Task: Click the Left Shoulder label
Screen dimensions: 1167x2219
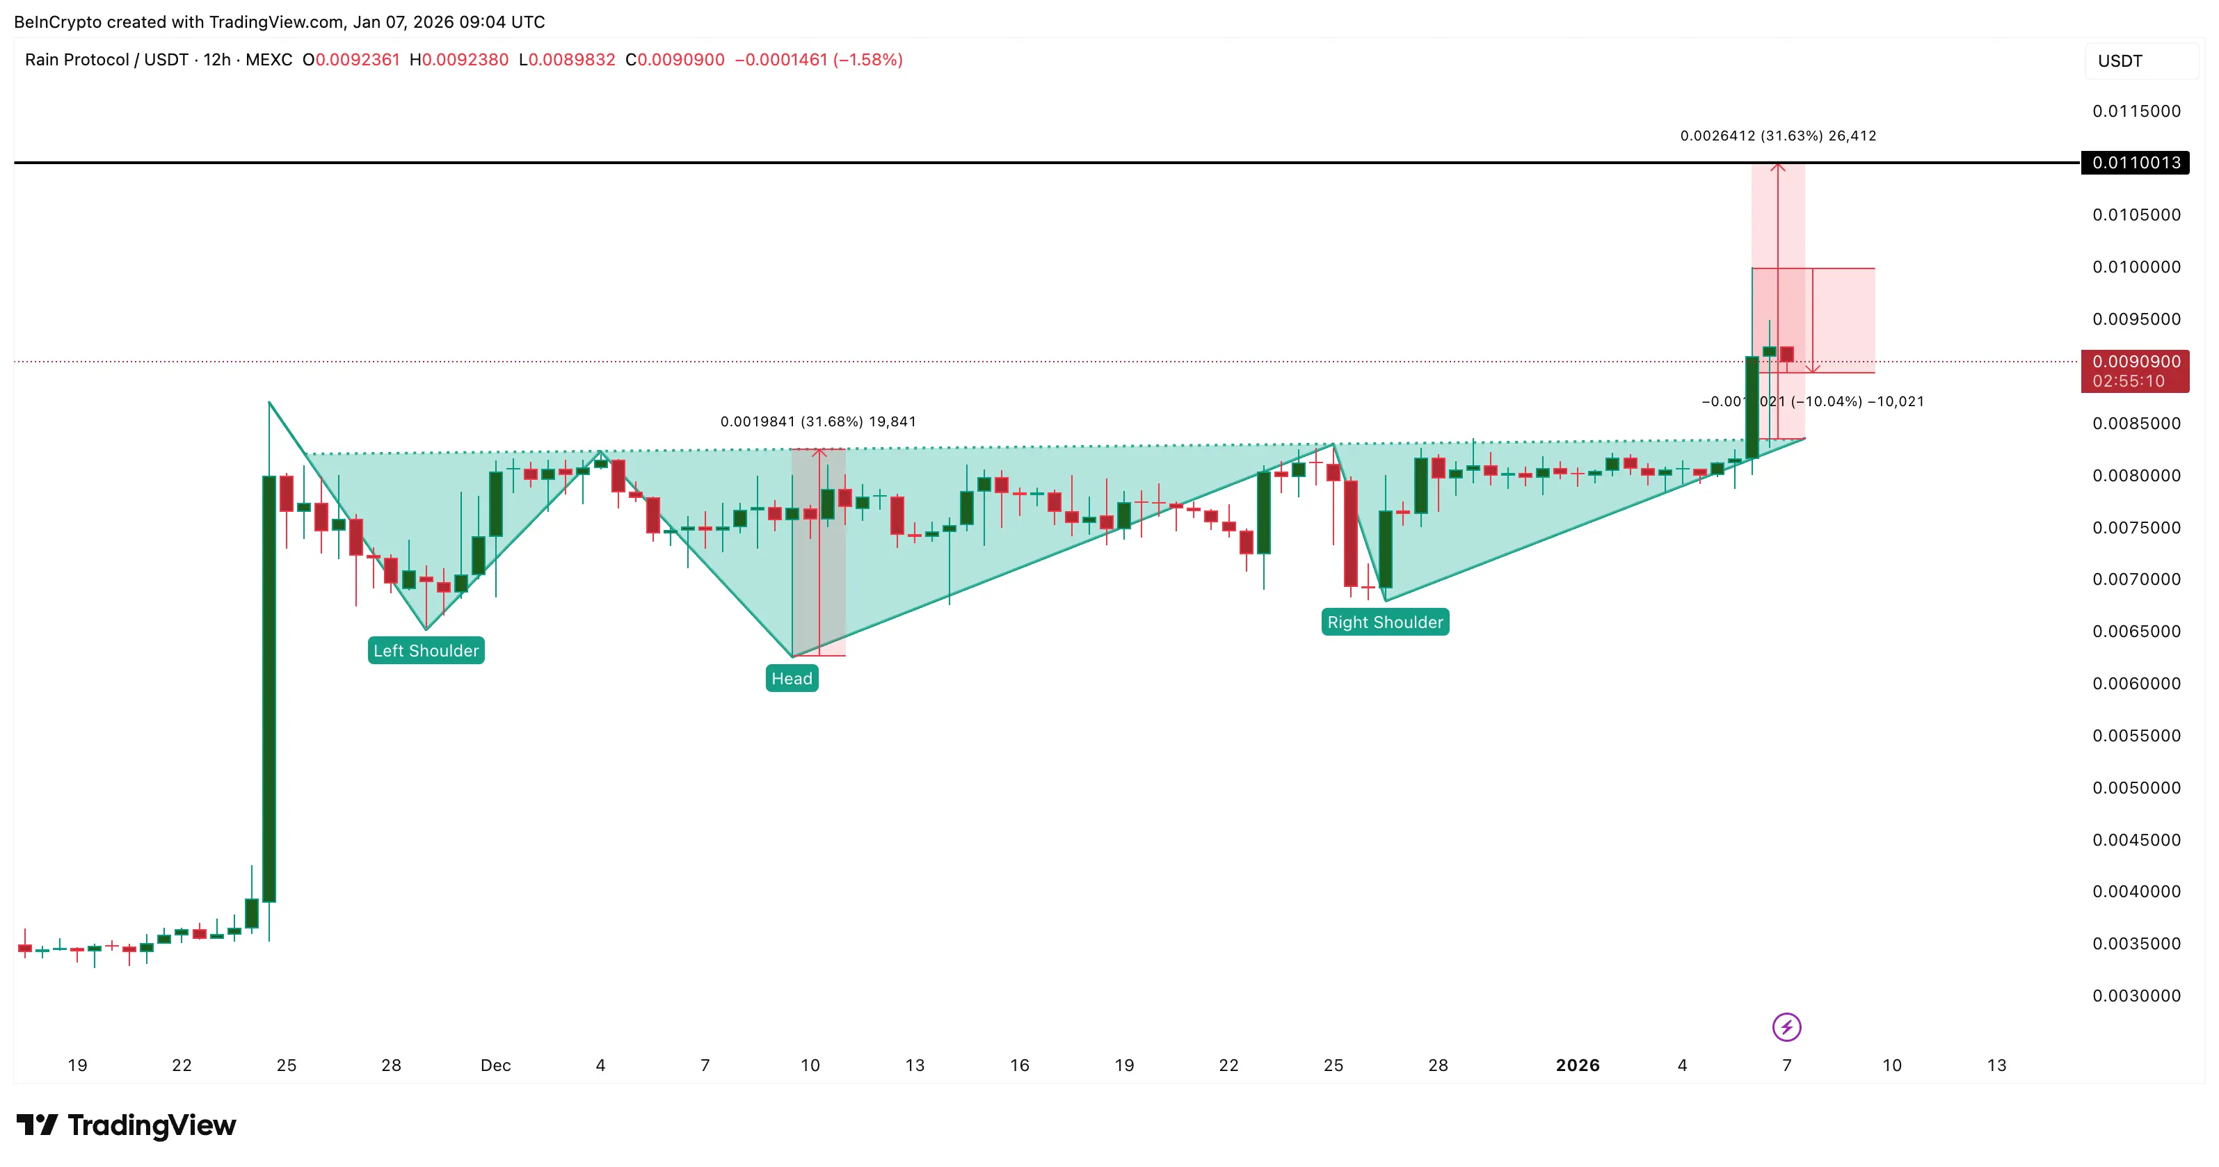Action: [x=426, y=650]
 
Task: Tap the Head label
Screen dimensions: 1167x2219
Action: [x=792, y=679]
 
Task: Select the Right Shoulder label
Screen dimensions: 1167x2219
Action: [x=1384, y=622]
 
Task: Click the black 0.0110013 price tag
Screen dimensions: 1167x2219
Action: [x=2135, y=163]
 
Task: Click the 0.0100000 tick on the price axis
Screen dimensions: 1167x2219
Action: [x=2136, y=267]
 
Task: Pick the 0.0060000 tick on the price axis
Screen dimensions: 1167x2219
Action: [x=2136, y=684]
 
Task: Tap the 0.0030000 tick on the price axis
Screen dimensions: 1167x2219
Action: [x=2136, y=996]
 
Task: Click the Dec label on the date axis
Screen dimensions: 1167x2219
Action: [x=495, y=1065]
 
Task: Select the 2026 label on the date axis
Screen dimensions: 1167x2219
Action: [x=1577, y=1065]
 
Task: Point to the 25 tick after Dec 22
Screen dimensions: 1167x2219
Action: [x=1333, y=1065]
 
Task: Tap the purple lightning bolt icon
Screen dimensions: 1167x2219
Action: [x=1786, y=1027]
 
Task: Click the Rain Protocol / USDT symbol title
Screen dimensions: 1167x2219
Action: [x=106, y=59]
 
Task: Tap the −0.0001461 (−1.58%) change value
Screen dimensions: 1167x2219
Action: [x=817, y=59]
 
